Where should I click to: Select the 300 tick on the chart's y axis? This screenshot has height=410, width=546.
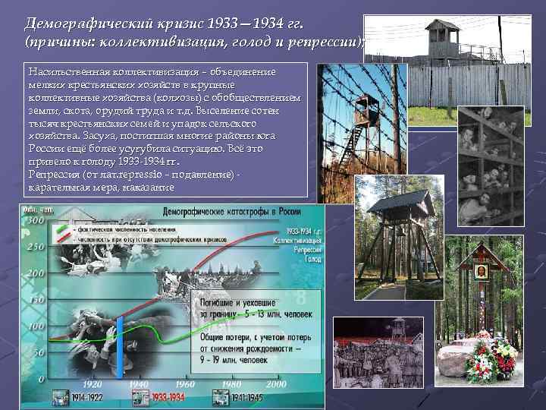point(35,219)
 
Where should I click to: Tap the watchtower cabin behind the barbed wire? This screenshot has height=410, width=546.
point(366,106)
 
